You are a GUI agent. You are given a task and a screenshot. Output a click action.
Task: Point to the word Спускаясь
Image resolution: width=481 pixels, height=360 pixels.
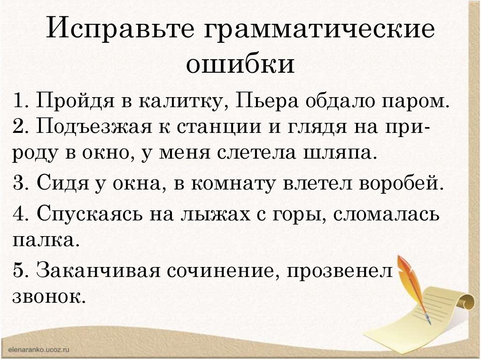tap(90, 214)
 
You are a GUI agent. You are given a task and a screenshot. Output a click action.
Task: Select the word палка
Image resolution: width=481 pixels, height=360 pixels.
tap(43, 240)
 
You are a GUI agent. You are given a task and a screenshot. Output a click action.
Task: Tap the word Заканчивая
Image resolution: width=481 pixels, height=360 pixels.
tap(99, 270)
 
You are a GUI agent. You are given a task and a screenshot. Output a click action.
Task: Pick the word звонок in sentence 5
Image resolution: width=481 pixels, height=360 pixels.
tap(48, 297)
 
